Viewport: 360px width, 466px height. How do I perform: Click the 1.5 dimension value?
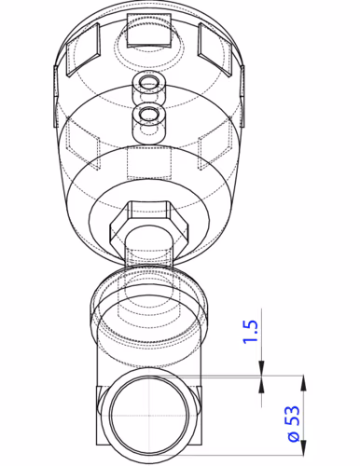click(x=251, y=331)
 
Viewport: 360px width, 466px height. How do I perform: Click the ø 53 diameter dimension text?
click(x=295, y=423)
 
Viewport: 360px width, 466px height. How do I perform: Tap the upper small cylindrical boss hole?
click(x=149, y=83)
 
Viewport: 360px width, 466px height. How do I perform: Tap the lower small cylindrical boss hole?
click(x=149, y=115)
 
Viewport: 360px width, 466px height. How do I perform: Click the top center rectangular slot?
click(x=149, y=31)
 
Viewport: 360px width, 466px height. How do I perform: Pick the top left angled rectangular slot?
click(x=83, y=49)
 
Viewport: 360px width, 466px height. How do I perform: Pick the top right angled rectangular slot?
click(x=215, y=49)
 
